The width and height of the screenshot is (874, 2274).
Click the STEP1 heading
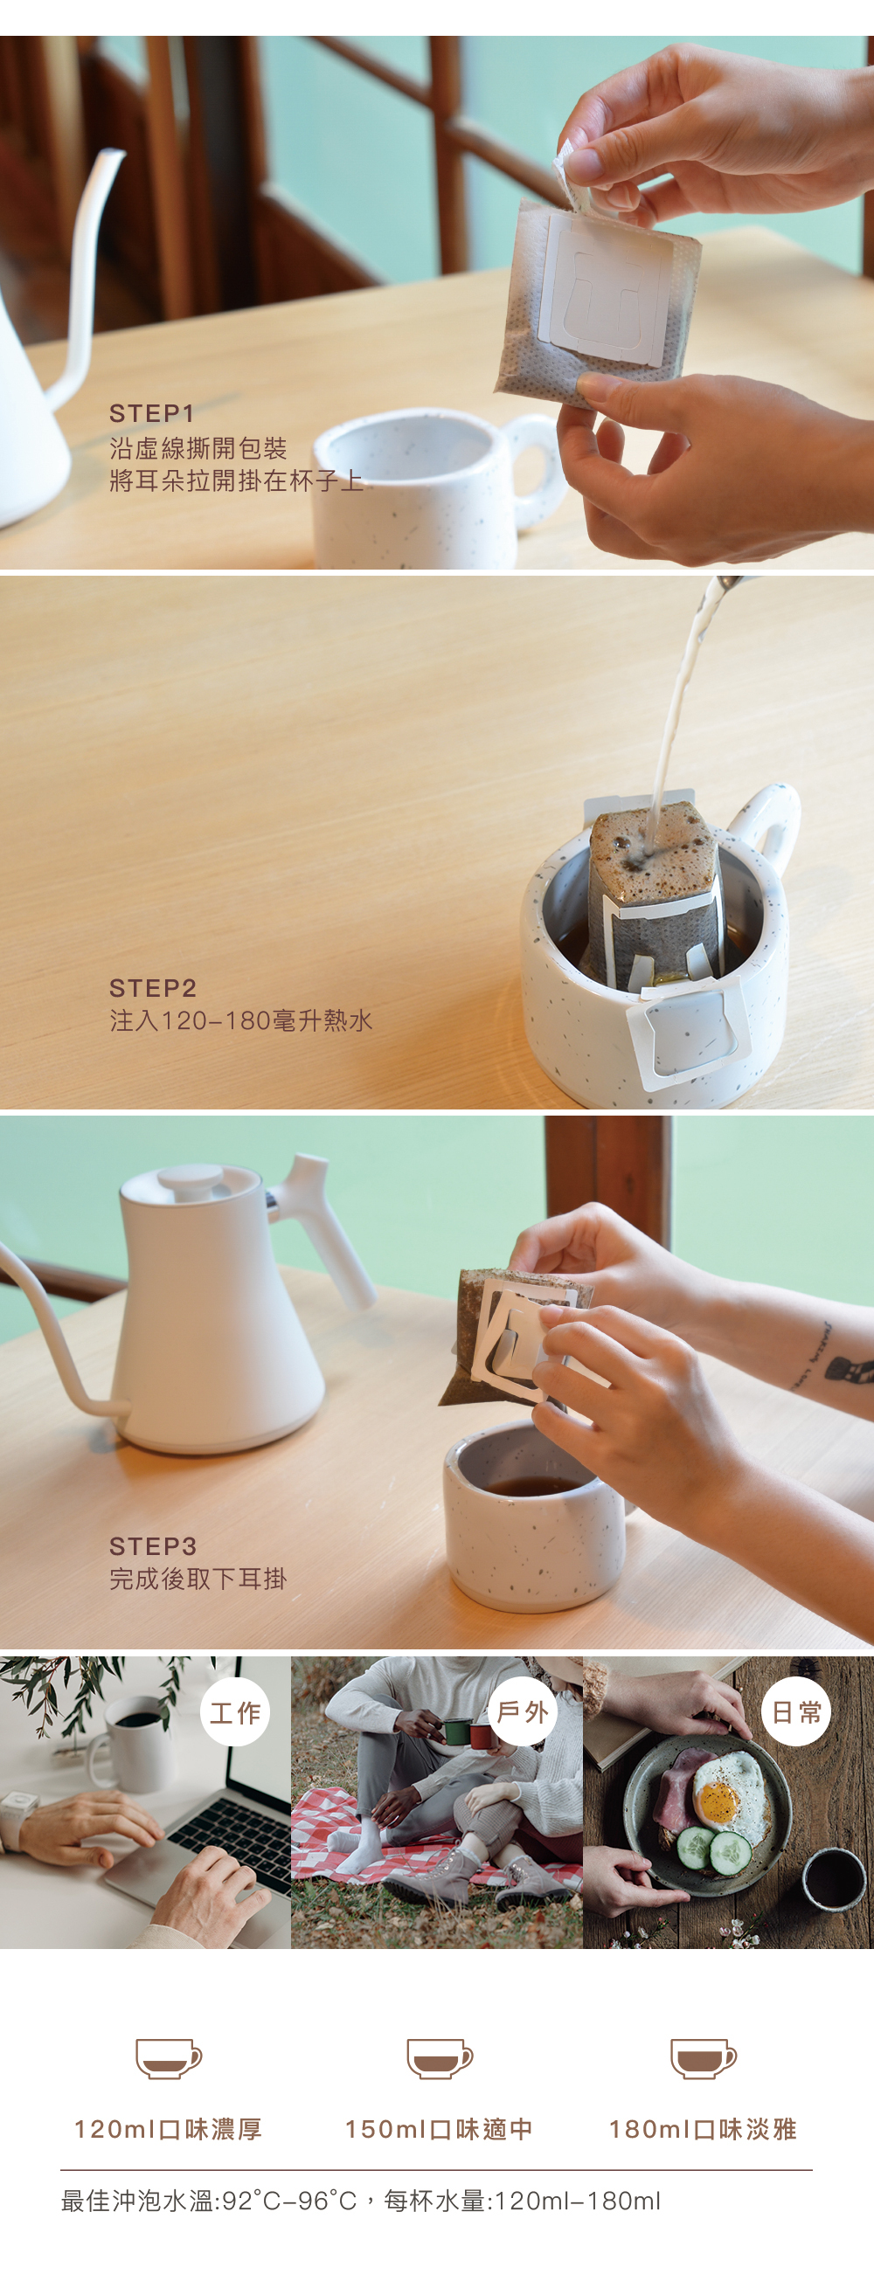pyautogui.click(x=151, y=413)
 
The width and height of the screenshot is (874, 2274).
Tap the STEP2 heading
pyautogui.click(x=153, y=988)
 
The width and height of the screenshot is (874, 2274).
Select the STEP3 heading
pyautogui.click(x=153, y=1545)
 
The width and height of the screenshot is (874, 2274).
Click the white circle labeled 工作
pyautogui.click(x=235, y=1712)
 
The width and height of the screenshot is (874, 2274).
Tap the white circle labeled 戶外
pyautogui.click(x=523, y=1712)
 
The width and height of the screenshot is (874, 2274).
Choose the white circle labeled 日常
pyautogui.click(x=796, y=1712)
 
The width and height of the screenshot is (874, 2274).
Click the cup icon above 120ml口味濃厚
pyautogui.click(x=169, y=2058)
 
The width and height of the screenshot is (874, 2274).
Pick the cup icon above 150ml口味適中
pyautogui.click(x=440, y=2058)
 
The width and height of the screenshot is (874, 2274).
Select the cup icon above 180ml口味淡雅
pyautogui.click(x=704, y=2058)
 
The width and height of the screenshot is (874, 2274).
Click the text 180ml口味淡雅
pyautogui.click(x=703, y=2129)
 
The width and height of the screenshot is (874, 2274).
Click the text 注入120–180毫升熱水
pyautogui.click(x=241, y=1020)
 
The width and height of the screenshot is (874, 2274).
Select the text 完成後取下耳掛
pyautogui.click(x=198, y=1579)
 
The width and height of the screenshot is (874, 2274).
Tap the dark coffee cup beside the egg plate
pyautogui.click(x=834, y=1879)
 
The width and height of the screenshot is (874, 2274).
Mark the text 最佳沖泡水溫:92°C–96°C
pyautogui.click(x=209, y=2201)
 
